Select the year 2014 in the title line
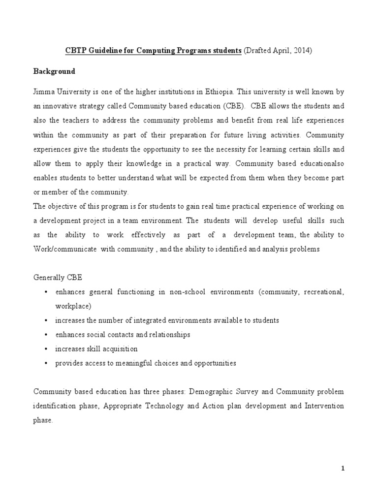click(x=302, y=51)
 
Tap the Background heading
click(x=54, y=71)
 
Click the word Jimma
click(x=43, y=91)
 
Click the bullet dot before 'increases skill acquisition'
click(x=46, y=349)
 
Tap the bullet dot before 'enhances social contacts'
click(x=46, y=335)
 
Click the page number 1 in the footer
click(x=343, y=469)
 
